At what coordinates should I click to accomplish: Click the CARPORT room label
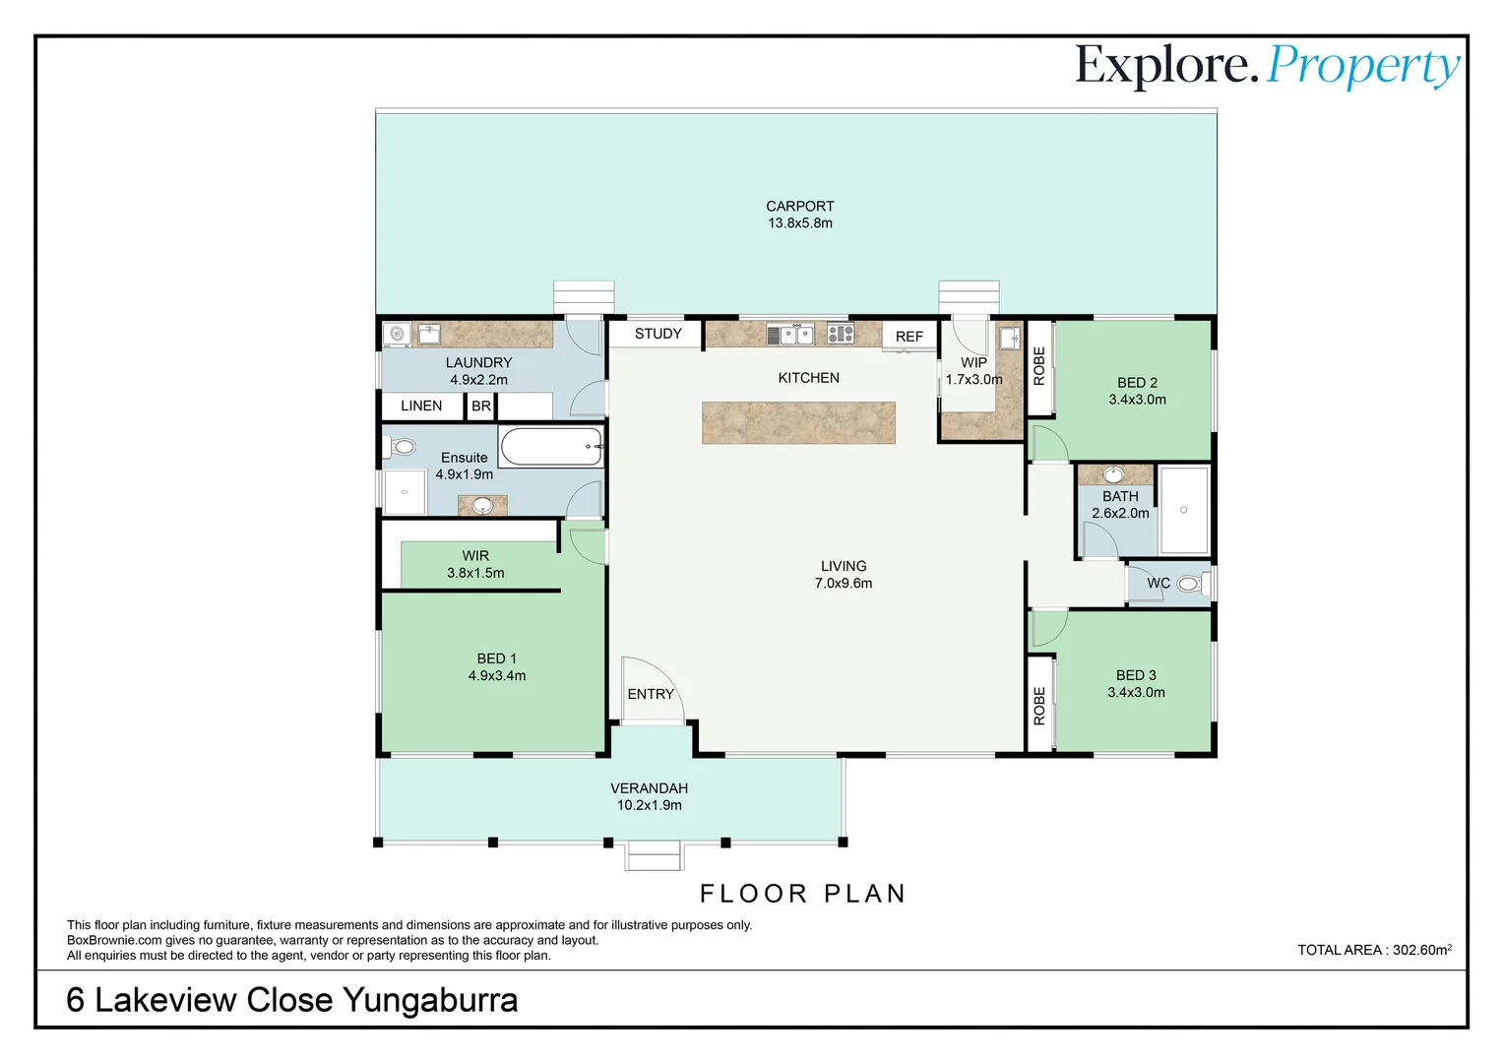click(799, 206)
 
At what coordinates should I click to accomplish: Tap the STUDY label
click(658, 334)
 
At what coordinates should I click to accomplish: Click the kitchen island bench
click(798, 422)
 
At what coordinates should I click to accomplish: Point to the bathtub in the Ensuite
click(551, 447)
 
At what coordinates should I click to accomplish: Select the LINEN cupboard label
click(421, 406)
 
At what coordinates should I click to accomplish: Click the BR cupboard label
click(480, 406)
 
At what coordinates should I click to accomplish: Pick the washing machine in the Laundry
click(397, 335)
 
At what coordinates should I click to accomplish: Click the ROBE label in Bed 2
click(1039, 366)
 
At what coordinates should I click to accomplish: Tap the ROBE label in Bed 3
click(1039, 706)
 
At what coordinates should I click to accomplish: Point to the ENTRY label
click(651, 694)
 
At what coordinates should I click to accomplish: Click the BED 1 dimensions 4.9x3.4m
click(497, 676)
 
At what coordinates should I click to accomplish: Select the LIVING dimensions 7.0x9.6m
click(844, 584)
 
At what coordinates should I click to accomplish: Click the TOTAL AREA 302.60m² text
click(1374, 950)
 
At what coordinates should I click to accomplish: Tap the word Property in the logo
click(1363, 67)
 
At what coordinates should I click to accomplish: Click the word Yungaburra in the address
click(430, 1001)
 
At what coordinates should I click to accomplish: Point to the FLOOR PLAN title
click(803, 894)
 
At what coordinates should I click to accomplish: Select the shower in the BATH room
click(1184, 511)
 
